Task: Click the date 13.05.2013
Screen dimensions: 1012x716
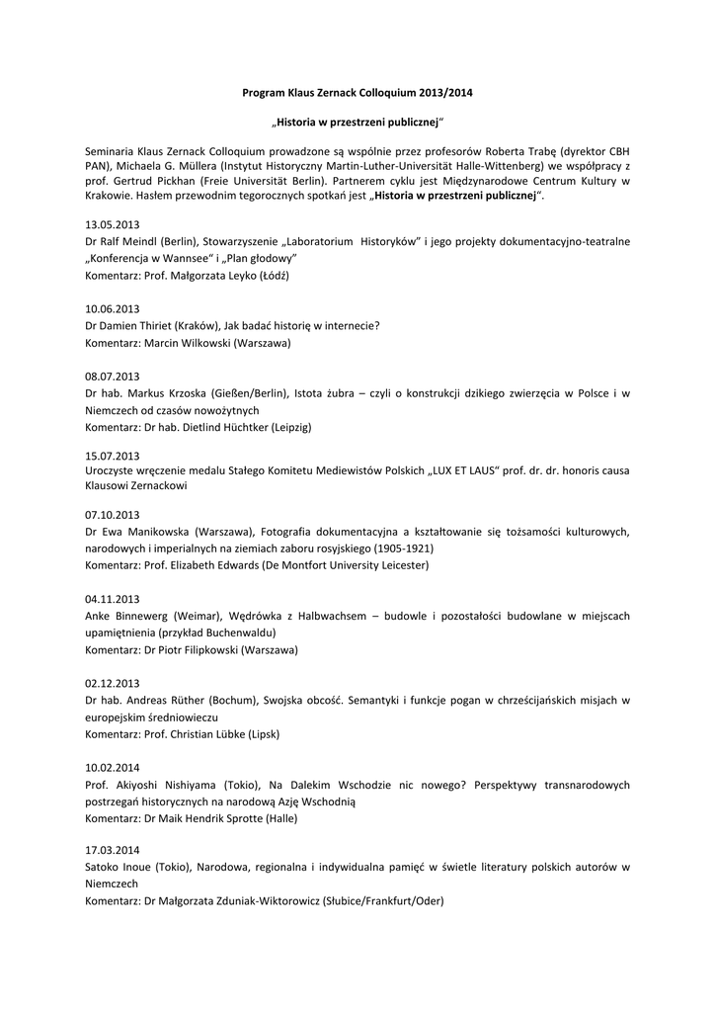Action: click(113, 224)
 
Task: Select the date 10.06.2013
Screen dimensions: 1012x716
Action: click(113, 308)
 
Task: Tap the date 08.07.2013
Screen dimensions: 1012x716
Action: click(113, 376)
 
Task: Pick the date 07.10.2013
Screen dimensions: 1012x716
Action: click(113, 515)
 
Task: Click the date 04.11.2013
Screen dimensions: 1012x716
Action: click(113, 599)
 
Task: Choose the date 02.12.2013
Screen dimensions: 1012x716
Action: click(113, 683)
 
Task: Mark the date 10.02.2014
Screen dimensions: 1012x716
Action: click(113, 767)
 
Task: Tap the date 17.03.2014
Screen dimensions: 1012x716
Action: click(113, 850)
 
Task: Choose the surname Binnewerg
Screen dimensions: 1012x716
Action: click(147, 616)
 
